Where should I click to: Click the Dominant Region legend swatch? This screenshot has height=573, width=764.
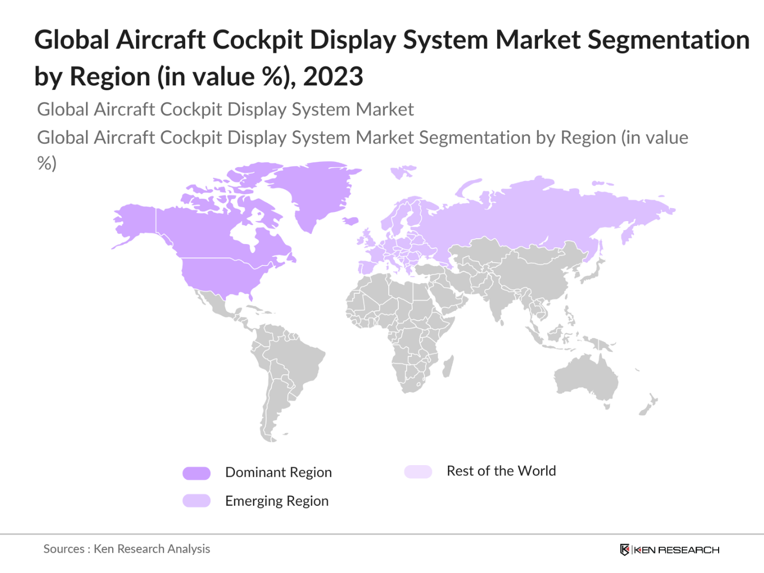click(x=196, y=473)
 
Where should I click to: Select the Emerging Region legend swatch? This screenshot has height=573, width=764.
click(x=196, y=501)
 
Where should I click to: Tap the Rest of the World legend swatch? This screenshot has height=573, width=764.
click(x=418, y=472)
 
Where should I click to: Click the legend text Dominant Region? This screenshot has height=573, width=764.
click(x=278, y=473)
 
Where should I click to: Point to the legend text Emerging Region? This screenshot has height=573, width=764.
click(x=277, y=501)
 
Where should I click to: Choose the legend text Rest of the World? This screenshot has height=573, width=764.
click(x=501, y=471)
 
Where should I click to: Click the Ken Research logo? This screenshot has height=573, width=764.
click(x=670, y=550)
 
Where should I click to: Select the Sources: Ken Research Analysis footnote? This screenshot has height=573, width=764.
click(x=127, y=549)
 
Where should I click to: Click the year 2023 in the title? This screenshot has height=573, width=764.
click(x=333, y=76)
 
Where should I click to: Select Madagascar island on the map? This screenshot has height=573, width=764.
click(x=448, y=366)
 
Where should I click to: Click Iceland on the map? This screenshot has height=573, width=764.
click(x=350, y=221)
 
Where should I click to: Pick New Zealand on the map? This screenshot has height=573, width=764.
click(x=649, y=405)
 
